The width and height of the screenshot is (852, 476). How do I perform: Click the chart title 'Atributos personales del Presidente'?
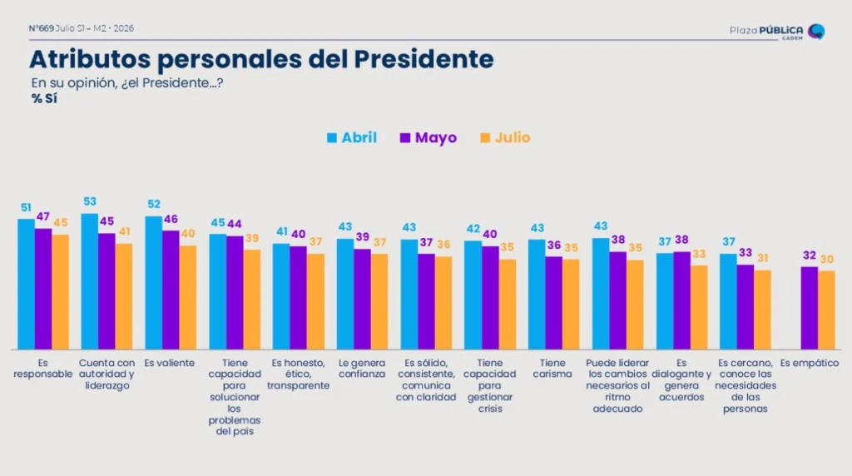pyautogui.click(x=261, y=59)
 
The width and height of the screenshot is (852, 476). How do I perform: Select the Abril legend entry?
pyautogui.click(x=352, y=137)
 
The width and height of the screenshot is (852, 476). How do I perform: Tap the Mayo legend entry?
pyautogui.click(x=428, y=137)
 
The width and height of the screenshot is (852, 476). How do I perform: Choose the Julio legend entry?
pyautogui.click(x=505, y=137)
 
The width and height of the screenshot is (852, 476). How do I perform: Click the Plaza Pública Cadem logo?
pyautogui.click(x=777, y=32)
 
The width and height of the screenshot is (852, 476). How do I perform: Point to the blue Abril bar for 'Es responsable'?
pyautogui.click(x=26, y=285)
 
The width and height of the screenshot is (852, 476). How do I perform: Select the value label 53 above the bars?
pyautogui.click(x=90, y=201)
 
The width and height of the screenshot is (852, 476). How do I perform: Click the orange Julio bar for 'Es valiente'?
pyautogui.click(x=188, y=297)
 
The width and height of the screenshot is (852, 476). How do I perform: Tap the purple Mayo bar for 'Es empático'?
pyautogui.click(x=809, y=308)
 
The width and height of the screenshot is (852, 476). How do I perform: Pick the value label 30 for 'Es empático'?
pyautogui.click(x=826, y=260)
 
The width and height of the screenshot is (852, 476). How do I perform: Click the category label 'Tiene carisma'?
pyautogui.click(x=552, y=369)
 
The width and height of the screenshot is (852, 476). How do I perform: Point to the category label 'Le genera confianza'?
pyautogui.click(x=362, y=369)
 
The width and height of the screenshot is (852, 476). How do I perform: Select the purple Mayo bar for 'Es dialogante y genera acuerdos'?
pyautogui.click(x=682, y=300)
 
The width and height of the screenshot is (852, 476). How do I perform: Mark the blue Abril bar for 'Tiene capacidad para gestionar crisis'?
pyautogui.click(x=473, y=295)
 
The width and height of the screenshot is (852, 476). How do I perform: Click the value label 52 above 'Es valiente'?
pyautogui.click(x=154, y=205)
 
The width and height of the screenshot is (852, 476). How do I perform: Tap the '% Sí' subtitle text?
pyautogui.click(x=44, y=99)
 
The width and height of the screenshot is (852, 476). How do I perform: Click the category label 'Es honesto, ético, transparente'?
pyautogui.click(x=299, y=374)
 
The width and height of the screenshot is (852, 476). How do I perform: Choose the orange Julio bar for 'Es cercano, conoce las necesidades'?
pyautogui.click(x=762, y=310)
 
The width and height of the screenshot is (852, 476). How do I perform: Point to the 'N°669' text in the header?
pyautogui.click(x=42, y=28)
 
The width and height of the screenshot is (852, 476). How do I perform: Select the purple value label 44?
pyautogui.click(x=234, y=224)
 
